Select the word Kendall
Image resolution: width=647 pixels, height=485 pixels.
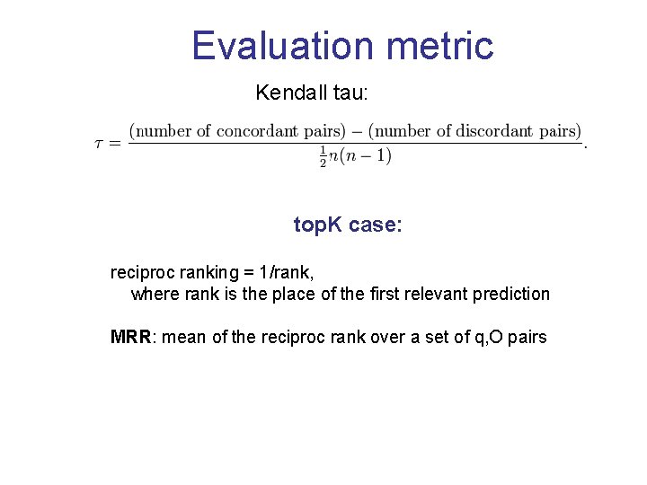[288, 93]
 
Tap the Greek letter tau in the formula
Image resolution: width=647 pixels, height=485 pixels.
[101, 144]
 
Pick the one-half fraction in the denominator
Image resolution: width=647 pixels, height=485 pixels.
[323, 156]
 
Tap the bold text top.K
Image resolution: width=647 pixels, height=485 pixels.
[318, 225]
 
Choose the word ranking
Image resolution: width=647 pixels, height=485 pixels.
[209, 271]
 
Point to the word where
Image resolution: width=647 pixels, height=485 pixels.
[154, 294]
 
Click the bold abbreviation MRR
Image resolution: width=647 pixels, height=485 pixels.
[129, 338]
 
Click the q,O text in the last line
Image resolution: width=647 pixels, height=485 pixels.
[486, 338]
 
